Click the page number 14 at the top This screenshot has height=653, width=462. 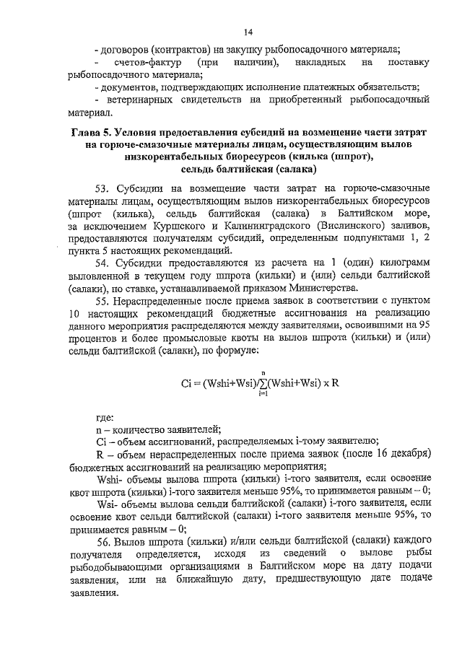coord(248,32)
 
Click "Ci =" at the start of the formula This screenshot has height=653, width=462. coord(191,383)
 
